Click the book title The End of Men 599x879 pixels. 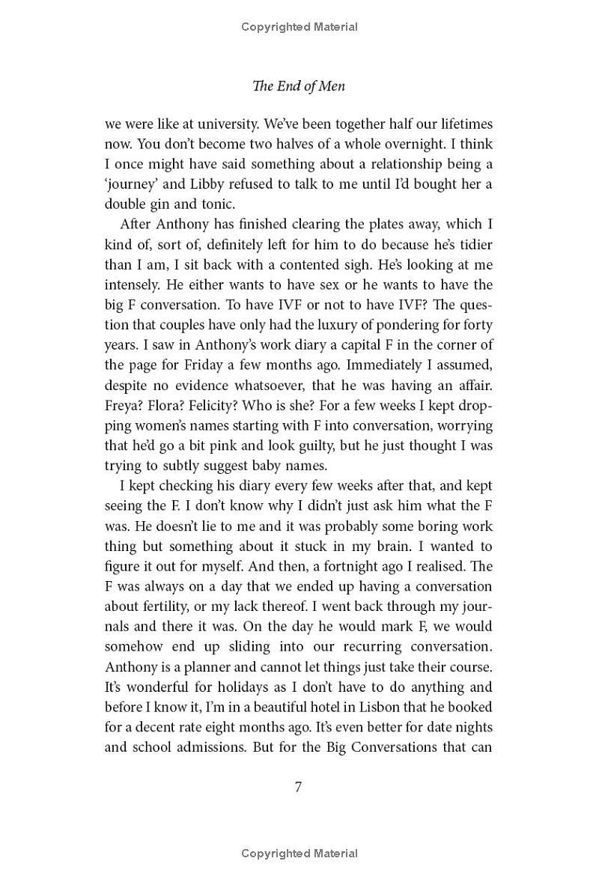click(x=299, y=86)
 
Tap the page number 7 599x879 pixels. click(x=299, y=787)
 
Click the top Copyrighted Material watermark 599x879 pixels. click(x=299, y=27)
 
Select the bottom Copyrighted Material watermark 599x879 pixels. click(x=299, y=854)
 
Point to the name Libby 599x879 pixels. click(x=211, y=184)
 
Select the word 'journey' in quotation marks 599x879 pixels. click(x=131, y=184)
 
